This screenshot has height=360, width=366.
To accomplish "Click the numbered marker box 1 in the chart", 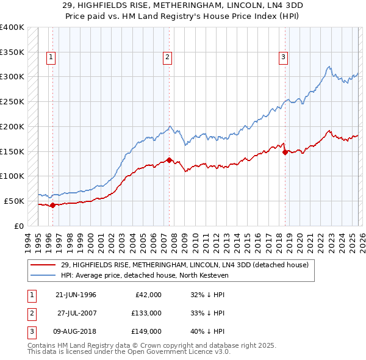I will click(50, 58).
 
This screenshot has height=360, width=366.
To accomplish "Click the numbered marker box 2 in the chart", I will click(167, 58).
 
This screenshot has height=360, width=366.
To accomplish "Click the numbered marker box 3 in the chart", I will click(284, 58).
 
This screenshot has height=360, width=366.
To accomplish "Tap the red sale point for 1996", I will click(52, 205).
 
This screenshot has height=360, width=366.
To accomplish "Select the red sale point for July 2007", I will click(169, 160).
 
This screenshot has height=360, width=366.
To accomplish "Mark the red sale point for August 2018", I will click(285, 152).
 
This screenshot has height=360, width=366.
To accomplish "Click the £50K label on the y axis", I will click(14, 201).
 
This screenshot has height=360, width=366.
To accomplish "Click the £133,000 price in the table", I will click(146, 313).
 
